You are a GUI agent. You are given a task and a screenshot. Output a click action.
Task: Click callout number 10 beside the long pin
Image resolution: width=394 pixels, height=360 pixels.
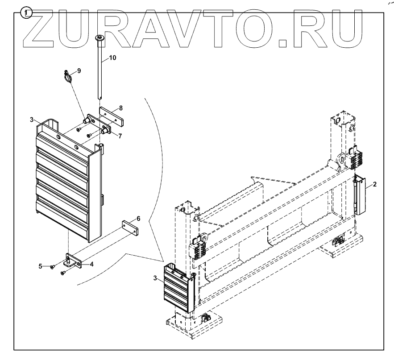(x=112, y=58)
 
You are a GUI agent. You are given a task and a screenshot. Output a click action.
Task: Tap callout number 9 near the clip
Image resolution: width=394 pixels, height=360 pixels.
(x=79, y=70)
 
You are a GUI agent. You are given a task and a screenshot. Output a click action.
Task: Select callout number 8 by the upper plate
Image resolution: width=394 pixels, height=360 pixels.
(x=120, y=108)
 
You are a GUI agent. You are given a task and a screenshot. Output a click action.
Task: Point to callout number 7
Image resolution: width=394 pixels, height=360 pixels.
(x=120, y=136)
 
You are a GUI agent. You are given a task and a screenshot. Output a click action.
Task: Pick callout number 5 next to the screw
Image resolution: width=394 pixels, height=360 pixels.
(x=40, y=266)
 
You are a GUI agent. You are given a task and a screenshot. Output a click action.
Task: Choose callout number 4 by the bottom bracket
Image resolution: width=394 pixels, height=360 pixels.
(x=91, y=264)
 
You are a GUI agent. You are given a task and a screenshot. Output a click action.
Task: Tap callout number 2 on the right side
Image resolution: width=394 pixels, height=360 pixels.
(x=375, y=184)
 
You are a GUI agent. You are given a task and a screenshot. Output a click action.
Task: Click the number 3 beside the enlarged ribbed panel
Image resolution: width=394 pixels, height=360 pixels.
(x=32, y=119)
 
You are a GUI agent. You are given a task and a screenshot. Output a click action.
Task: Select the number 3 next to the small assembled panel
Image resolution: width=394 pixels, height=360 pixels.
(x=154, y=278)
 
